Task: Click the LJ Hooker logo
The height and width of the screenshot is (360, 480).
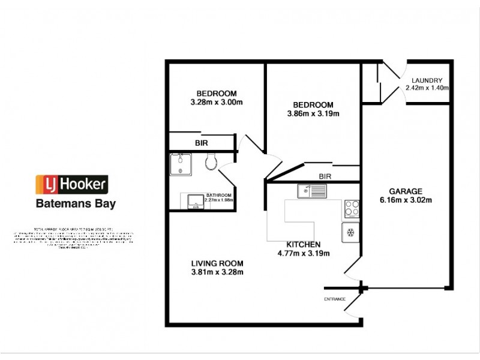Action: click(x=71, y=183)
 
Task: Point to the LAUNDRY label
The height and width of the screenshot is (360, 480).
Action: click(x=427, y=80)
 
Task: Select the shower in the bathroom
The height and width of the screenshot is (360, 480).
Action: click(x=181, y=164)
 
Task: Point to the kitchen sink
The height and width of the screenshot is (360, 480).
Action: click(x=311, y=191)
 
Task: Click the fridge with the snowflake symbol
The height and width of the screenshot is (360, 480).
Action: click(x=350, y=232)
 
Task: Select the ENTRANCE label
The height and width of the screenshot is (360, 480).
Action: click(x=336, y=298)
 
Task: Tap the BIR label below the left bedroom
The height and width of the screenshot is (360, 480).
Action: click(x=201, y=143)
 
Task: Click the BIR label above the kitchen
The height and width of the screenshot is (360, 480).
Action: click(x=325, y=176)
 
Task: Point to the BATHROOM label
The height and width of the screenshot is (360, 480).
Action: click(x=219, y=195)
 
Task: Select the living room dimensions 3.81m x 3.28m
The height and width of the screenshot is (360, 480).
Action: click(x=217, y=272)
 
